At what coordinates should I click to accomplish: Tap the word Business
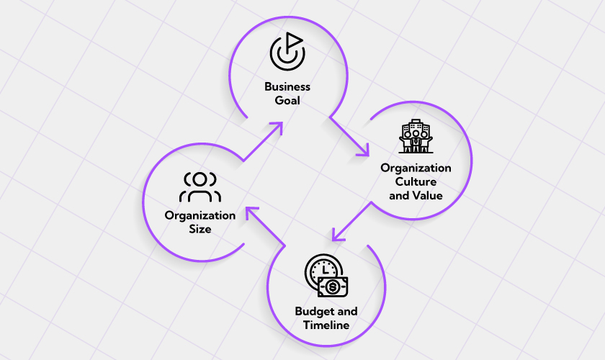click(x=287, y=86)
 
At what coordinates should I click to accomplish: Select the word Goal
click(x=287, y=101)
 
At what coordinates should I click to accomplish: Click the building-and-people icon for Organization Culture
click(x=416, y=137)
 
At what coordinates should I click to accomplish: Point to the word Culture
click(x=416, y=181)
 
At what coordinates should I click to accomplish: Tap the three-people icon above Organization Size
click(x=200, y=187)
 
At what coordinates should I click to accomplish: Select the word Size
click(x=200, y=229)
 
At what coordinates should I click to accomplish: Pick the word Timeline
click(x=326, y=325)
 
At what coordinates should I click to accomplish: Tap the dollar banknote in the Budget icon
click(x=333, y=287)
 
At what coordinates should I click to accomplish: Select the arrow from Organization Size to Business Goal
click(x=262, y=140)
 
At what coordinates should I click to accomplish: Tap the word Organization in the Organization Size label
click(x=200, y=215)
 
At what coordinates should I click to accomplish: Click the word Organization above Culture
click(x=416, y=168)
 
